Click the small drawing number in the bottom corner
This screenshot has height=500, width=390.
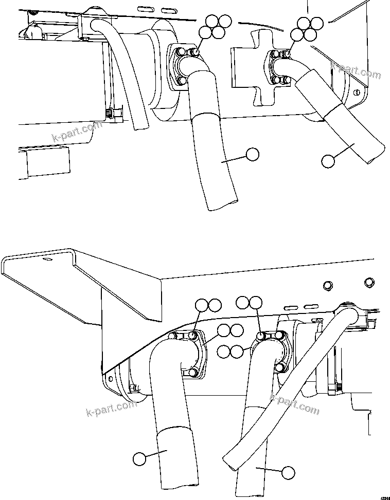pos(384,497)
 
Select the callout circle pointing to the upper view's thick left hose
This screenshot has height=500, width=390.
pos(252,154)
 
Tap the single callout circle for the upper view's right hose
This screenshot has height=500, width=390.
pos(327,160)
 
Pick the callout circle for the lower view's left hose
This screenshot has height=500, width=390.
pos(139,458)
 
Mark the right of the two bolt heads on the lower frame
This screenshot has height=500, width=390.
pos(368,282)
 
